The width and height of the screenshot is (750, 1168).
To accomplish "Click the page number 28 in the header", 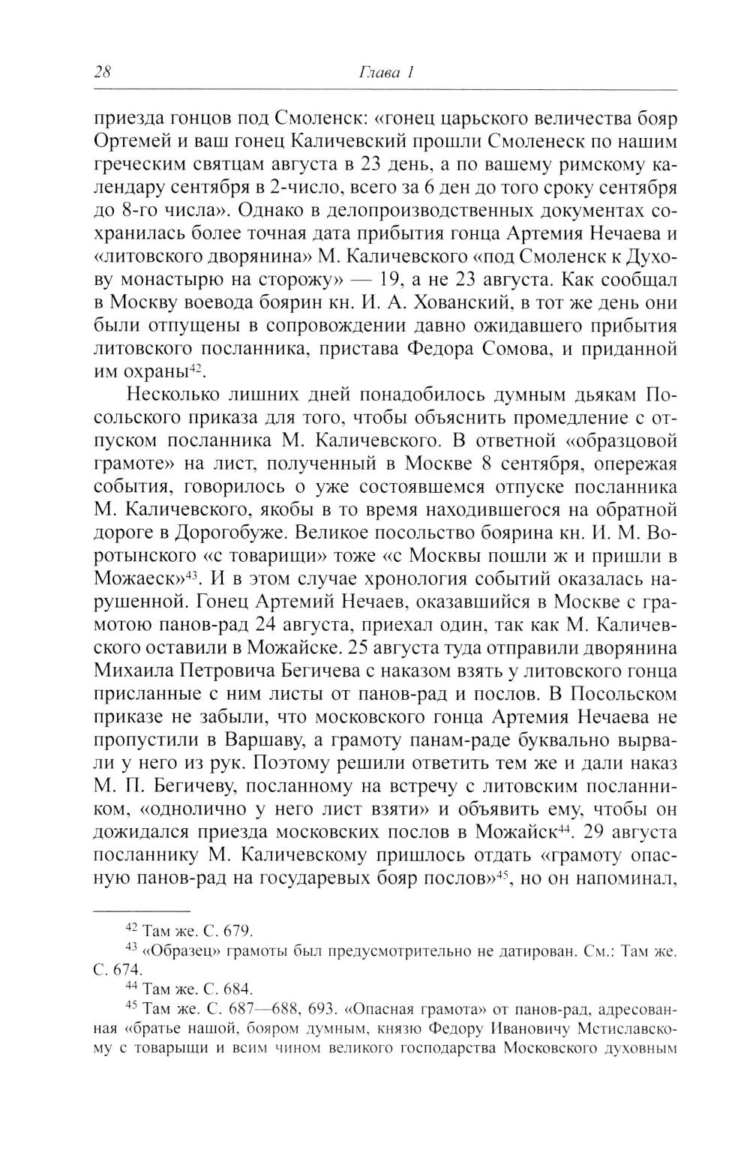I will tap(103, 73).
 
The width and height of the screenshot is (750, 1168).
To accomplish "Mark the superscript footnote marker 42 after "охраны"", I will tap(196, 368).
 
